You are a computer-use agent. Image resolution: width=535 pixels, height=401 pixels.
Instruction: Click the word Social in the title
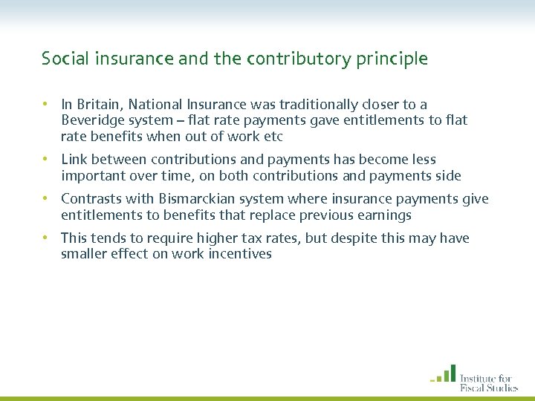[62, 59]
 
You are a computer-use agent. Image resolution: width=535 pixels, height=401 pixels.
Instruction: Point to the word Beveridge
[93, 120]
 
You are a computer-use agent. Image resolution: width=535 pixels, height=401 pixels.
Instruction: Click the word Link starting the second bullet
[74, 160]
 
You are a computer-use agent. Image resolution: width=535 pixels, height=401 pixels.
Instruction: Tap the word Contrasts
[91, 199]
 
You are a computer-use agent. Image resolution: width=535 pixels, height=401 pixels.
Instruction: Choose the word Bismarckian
[198, 199]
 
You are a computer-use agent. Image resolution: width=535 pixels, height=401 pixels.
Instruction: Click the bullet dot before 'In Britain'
[46, 105]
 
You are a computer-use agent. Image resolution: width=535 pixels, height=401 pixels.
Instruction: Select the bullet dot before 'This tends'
[46, 238]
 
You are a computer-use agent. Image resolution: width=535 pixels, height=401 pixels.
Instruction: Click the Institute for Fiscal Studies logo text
[488, 381]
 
